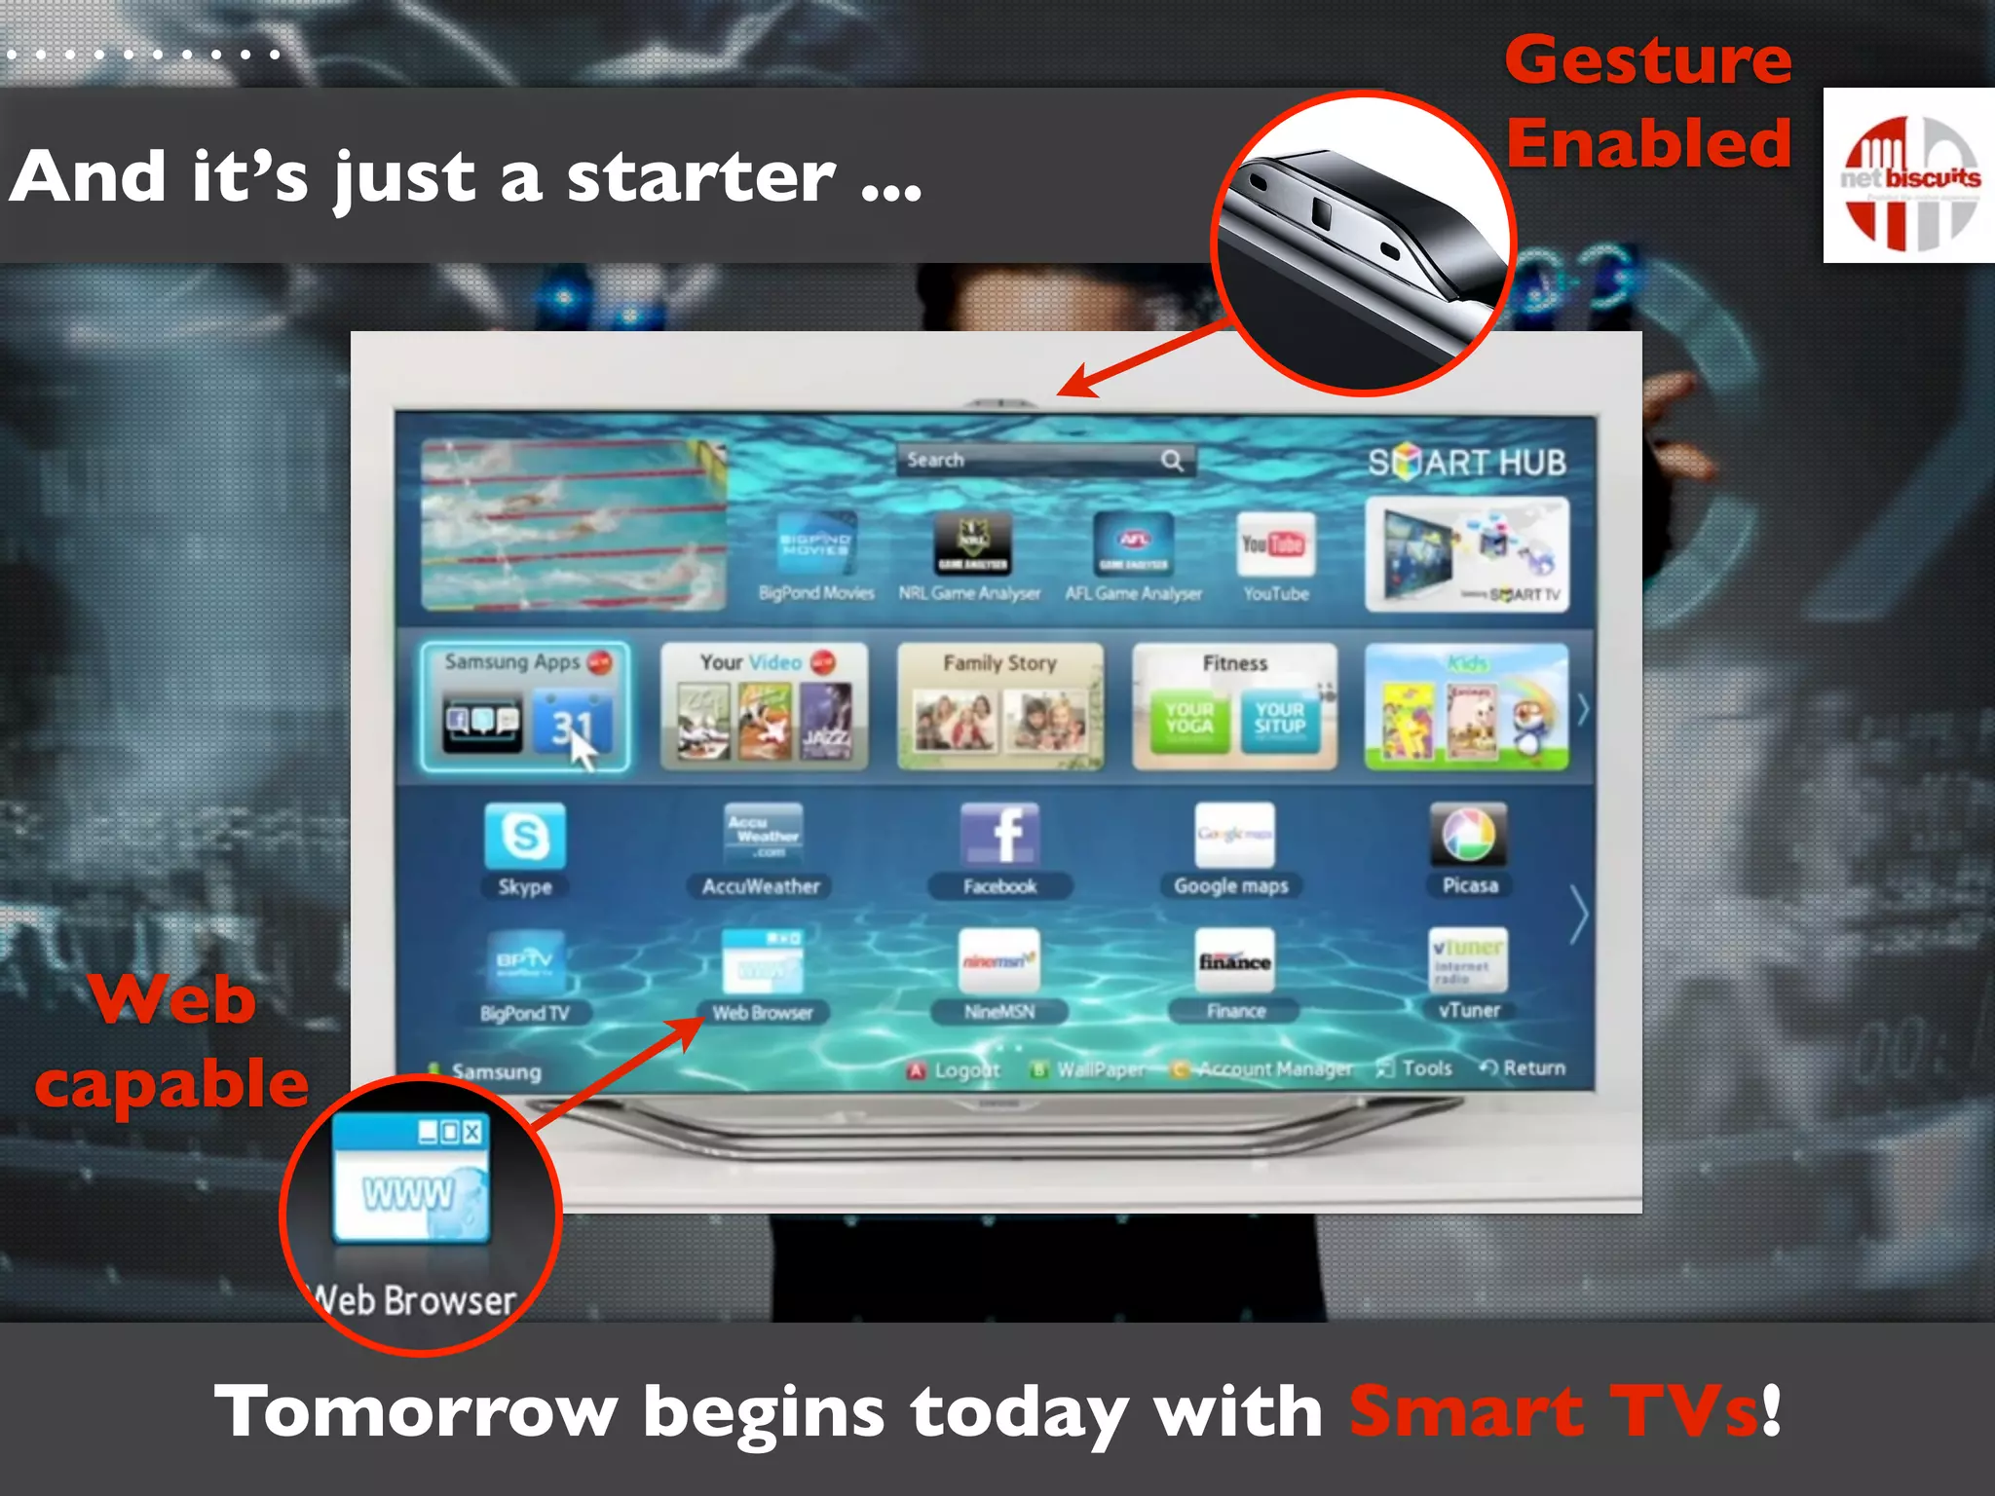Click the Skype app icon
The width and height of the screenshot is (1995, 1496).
point(525,836)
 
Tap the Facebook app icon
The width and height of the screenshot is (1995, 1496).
point(999,834)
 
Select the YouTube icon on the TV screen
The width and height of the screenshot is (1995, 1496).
point(1275,544)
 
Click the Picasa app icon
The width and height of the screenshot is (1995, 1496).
point(1468,834)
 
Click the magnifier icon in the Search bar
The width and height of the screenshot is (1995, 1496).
point(1172,461)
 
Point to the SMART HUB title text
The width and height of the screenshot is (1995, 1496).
point(1466,463)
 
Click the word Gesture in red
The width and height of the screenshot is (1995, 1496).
point(1648,60)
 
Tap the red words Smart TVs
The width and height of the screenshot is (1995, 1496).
point(1554,1411)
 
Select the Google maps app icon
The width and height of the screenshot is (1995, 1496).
point(1234,834)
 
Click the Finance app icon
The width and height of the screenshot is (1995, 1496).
point(1234,960)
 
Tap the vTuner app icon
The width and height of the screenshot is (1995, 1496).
point(1468,960)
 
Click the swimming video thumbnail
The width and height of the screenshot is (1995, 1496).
point(574,525)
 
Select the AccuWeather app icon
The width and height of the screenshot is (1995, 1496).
point(763,836)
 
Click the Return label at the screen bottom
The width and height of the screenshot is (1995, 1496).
point(1532,1068)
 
